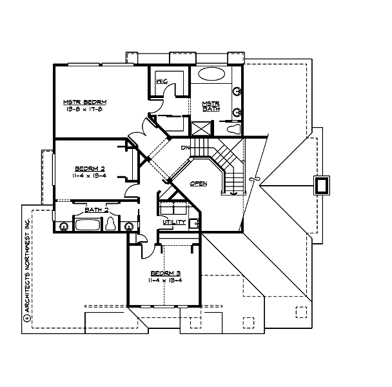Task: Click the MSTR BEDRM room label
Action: click(84, 103)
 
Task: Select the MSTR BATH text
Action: click(210, 107)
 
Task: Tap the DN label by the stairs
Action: click(184, 148)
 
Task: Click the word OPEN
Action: click(198, 184)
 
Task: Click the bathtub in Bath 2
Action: click(86, 226)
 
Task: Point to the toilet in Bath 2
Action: click(110, 224)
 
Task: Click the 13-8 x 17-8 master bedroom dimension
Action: click(84, 110)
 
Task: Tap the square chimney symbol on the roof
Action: click(320, 186)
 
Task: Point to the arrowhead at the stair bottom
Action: click(235, 191)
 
